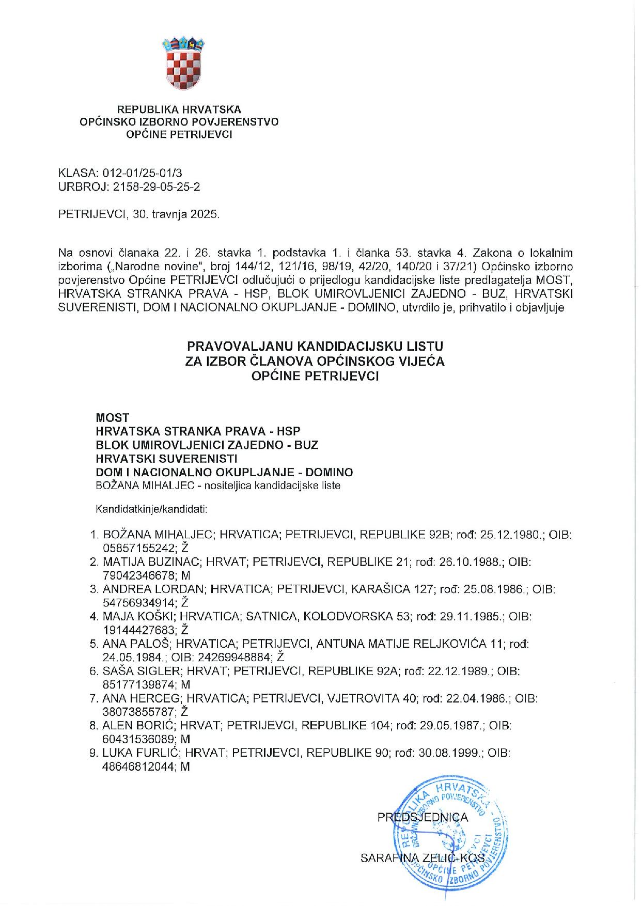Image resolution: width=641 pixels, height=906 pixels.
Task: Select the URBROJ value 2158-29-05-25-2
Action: pos(156,187)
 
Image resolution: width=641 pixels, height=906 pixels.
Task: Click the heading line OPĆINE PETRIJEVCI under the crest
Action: pos(179,135)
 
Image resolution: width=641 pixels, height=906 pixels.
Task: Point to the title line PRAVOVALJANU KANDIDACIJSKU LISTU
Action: pos(315,346)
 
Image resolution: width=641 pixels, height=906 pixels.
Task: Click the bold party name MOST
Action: pos(112,417)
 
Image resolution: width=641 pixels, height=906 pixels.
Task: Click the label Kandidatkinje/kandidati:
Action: pos(151,509)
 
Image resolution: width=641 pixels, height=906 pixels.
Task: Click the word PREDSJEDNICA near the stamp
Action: pos(423,818)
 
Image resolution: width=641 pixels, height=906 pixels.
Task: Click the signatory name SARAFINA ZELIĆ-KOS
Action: pos(423,858)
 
